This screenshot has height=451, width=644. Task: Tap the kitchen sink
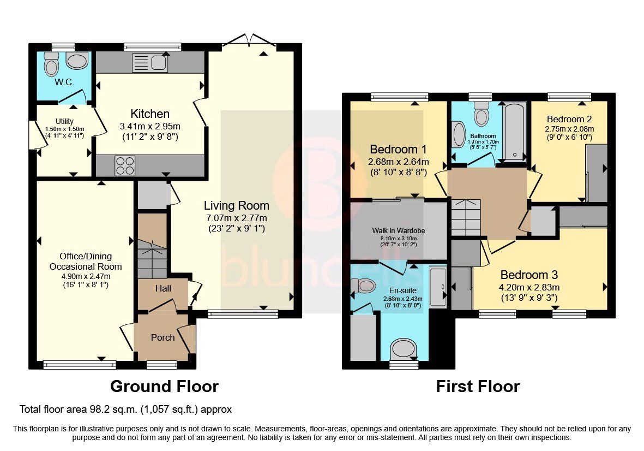click(x=149, y=63)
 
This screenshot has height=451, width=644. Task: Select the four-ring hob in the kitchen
click(x=124, y=165)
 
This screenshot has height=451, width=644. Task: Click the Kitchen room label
click(x=150, y=114)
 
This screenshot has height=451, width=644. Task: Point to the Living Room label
click(x=236, y=206)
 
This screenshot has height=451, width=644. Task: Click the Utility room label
click(x=64, y=121)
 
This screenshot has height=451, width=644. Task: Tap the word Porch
click(x=162, y=337)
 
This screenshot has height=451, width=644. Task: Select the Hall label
click(x=163, y=288)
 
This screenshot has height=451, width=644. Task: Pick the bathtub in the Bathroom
click(x=514, y=131)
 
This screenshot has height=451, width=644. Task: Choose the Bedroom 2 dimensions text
click(x=570, y=133)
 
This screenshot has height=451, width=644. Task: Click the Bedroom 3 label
click(x=529, y=275)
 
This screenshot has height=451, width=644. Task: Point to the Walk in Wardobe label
click(x=398, y=230)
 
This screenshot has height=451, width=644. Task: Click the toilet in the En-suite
click(x=364, y=286)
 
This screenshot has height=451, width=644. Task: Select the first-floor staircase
click(x=465, y=217)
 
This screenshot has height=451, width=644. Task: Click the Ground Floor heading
click(x=164, y=387)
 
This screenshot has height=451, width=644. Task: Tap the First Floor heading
click(x=477, y=387)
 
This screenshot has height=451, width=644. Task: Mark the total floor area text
click(x=125, y=409)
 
